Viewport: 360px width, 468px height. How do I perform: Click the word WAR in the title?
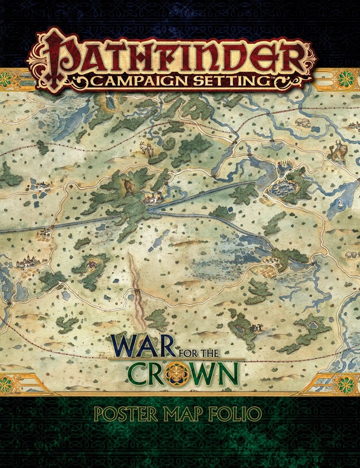141,347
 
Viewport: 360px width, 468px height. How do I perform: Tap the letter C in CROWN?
140,373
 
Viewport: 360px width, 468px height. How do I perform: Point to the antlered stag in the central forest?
127,185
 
